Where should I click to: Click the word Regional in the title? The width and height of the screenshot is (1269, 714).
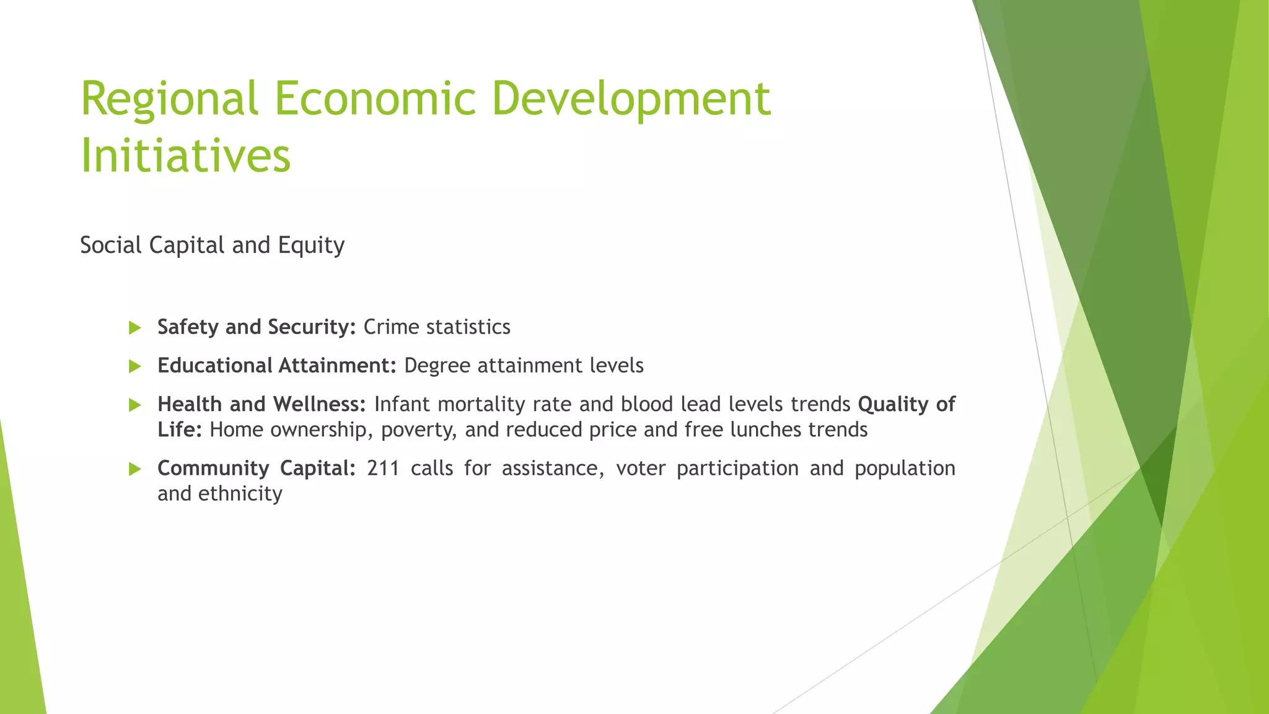[x=169, y=99]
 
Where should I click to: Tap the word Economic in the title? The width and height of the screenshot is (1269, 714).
[x=375, y=99]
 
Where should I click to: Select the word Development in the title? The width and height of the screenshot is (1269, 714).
[x=631, y=99]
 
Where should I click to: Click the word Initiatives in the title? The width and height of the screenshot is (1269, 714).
[x=185, y=156]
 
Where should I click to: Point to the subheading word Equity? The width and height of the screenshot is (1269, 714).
[x=311, y=245]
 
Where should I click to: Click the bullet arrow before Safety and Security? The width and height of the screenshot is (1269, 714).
[x=134, y=328]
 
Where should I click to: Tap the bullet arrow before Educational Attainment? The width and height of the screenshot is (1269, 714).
[x=134, y=366]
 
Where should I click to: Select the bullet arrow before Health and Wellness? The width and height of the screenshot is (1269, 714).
[x=134, y=405]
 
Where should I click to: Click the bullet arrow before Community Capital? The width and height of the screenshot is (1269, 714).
[x=134, y=469]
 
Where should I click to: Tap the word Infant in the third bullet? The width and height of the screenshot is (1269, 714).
[x=402, y=404]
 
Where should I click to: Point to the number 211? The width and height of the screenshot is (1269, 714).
[x=383, y=468]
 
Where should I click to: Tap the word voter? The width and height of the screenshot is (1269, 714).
[x=641, y=468]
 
